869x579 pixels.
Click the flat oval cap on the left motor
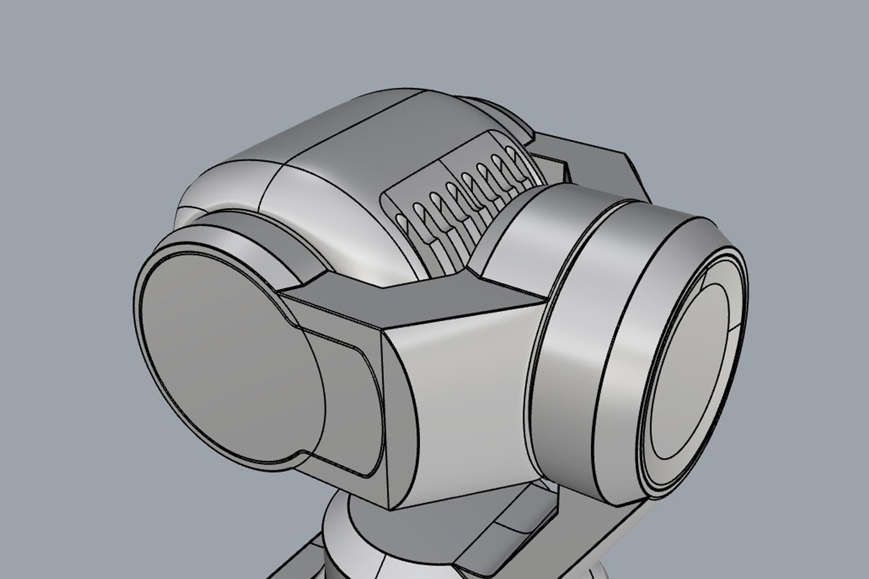pos(226,357)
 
